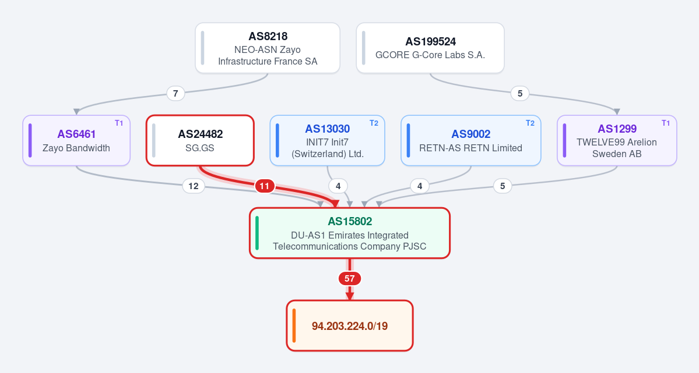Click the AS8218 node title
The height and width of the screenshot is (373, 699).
pos(268,36)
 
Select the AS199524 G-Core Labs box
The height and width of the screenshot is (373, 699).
pos(430,48)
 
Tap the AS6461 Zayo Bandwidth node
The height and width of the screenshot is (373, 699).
pos(76,141)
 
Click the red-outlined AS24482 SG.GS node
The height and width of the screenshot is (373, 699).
pos(200,141)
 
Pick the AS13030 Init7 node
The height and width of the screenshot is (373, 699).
pos(327,141)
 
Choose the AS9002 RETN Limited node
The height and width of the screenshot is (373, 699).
pos(470,141)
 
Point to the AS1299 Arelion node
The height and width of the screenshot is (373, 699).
pos(617,141)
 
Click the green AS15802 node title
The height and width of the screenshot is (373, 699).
pos(350,221)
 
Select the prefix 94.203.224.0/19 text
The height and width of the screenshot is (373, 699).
pos(350,326)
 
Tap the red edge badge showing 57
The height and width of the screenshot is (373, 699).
pos(350,279)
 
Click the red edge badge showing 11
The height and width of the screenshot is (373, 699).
pos(264,186)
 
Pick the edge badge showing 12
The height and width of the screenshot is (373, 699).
pos(194,186)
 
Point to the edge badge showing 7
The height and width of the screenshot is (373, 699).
pos(175,94)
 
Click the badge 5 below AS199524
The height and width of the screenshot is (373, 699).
pos(520,94)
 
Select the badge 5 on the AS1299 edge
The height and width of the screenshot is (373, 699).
pos(503,186)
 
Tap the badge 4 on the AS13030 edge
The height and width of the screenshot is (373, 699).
pos(338,186)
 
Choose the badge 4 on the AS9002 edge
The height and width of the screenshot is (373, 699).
pos(420,186)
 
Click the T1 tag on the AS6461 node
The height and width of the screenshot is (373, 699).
pos(119,123)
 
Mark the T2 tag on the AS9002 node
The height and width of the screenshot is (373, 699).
pos(530,123)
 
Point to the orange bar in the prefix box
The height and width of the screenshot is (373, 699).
pos(294,326)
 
